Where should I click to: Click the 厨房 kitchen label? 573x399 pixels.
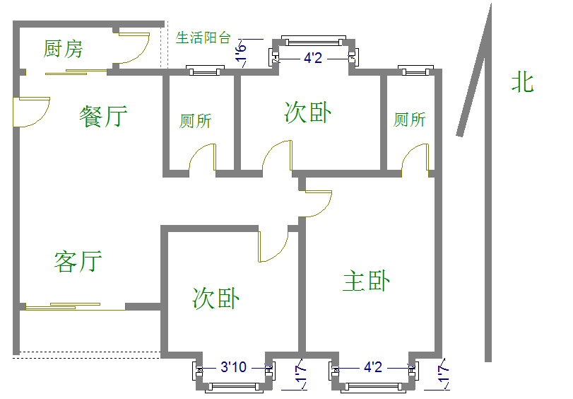[x=63, y=49]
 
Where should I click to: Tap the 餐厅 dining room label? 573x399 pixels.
[x=104, y=116]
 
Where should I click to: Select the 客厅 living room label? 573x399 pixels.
[x=78, y=261]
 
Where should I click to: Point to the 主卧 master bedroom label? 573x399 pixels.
[x=366, y=281]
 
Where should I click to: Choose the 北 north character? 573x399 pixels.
[x=522, y=83]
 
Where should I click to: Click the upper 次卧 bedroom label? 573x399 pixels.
[x=308, y=112]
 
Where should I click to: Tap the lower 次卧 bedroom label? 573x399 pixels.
[x=215, y=298]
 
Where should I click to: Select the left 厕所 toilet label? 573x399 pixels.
[x=195, y=121]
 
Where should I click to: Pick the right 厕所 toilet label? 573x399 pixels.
[x=409, y=120]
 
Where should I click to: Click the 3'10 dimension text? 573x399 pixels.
[x=233, y=367]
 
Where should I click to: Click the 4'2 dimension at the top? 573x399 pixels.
[x=313, y=58]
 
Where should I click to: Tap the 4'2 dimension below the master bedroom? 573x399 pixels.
[x=373, y=367]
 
